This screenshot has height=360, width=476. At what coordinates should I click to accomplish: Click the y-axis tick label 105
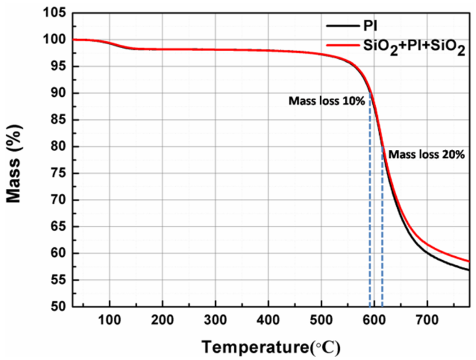click(x=54, y=13)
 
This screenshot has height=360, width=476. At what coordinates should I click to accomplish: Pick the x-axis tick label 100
click(x=109, y=320)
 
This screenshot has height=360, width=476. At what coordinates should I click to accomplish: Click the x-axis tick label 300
click(x=215, y=320)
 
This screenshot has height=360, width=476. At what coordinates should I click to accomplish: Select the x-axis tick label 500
click(x=321, y=320)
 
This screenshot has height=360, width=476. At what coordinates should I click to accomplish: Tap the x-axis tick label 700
click(x=427, y=320)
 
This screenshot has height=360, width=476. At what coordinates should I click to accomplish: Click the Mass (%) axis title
click(x=14, y=163)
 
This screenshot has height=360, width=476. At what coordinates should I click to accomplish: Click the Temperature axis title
click(x=271, y=347)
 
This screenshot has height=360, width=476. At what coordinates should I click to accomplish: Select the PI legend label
click(x=370, y=26)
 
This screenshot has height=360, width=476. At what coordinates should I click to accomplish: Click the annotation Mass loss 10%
click(x=326, y=101)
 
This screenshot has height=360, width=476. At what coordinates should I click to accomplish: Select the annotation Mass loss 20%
click(x=426, y=154)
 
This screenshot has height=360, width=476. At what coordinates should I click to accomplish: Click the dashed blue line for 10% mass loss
click(x=370, y=213)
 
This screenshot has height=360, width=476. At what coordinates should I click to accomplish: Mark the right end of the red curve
click(x=469, y=261)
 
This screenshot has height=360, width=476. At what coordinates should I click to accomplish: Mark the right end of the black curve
click(x=469, y=270)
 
